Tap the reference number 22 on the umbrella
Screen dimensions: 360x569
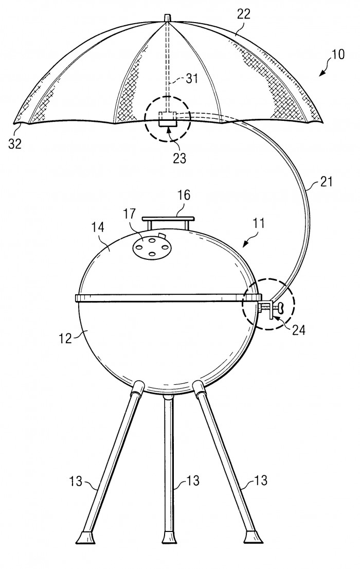243,14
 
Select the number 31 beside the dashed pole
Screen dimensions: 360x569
192,78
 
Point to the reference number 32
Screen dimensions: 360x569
15,144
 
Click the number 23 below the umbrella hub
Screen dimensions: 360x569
179,158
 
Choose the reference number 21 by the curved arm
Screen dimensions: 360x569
326,181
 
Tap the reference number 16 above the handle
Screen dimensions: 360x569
184,195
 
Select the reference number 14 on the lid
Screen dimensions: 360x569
98,227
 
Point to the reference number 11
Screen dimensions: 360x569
259,223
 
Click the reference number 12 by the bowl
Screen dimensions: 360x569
65,338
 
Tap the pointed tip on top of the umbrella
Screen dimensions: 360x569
167,18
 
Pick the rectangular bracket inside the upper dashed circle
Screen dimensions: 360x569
168,119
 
